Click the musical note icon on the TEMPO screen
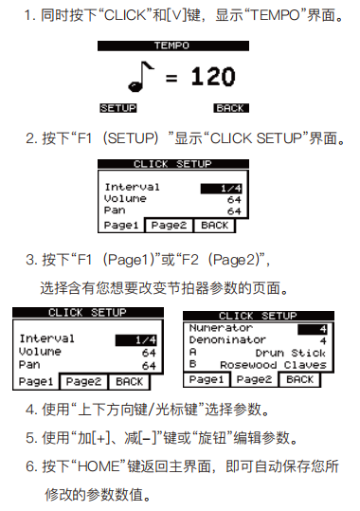141,77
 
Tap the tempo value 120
213,77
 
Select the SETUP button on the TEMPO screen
118,108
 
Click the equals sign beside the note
171,78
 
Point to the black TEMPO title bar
173,46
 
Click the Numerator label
221,328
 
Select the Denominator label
227,340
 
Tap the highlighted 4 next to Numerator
312,329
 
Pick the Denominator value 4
323,341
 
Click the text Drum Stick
291,353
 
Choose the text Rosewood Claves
273,365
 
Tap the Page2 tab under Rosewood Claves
254,379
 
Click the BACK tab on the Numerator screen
299,379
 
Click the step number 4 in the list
30,410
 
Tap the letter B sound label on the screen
193,364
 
